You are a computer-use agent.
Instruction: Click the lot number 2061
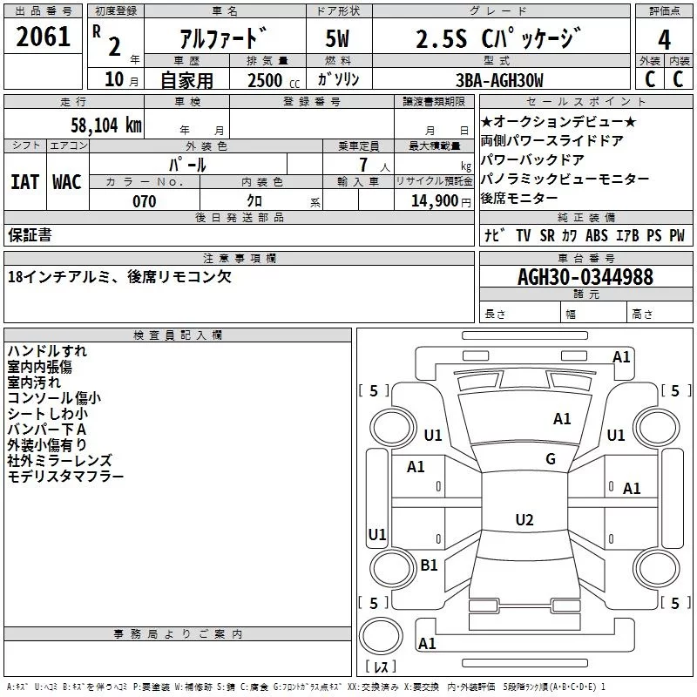44,38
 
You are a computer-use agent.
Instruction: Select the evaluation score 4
665,39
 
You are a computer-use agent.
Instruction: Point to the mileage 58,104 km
105,125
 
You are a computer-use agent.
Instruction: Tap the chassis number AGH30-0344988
585,277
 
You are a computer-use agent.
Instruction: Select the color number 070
144,201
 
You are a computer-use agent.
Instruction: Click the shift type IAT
24,182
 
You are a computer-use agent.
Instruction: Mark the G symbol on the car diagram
551,459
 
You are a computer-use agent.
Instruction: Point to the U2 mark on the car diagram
524,520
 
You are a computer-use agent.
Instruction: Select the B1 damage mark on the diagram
429,565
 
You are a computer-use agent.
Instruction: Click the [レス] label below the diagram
380,667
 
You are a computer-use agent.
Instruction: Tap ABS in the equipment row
597,235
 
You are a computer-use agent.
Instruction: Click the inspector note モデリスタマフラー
65,477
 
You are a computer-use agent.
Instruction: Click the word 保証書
30,234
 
